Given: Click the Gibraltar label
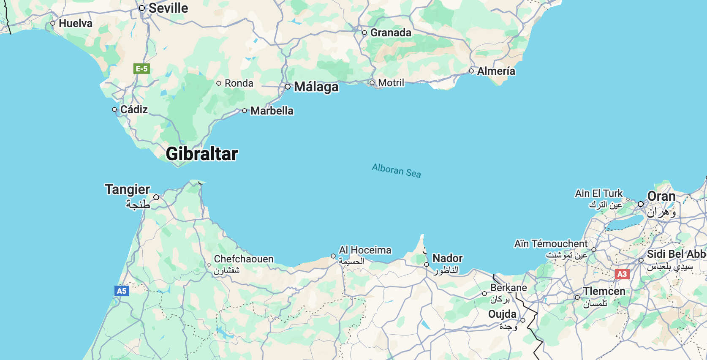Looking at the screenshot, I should [202, 154].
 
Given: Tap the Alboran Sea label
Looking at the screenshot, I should [396, 170].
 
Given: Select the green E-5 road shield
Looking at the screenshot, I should [141, 68].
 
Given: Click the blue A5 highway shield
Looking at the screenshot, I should [122, 291].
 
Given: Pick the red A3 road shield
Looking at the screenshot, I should [622, 274].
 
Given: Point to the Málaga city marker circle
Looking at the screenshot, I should [288, 87].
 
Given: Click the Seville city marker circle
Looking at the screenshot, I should [142, 8].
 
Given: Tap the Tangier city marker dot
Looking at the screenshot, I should [156, 197].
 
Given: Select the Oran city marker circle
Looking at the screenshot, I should [641, 204].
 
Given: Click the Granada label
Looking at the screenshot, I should [391, 33].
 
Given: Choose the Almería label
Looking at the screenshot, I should [496, 71].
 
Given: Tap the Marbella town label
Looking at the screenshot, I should [272, 111].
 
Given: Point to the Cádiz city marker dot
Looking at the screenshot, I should [114, 109].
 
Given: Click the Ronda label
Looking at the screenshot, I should [239, 83].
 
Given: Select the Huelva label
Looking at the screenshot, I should [76, 23].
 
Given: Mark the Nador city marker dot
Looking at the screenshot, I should [427, 265].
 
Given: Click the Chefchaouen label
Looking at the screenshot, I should [244, 259].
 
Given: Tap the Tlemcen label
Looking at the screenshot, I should [604, 291].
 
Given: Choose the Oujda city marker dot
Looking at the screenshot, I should [523, 320].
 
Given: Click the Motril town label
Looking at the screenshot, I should [391, 83].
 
